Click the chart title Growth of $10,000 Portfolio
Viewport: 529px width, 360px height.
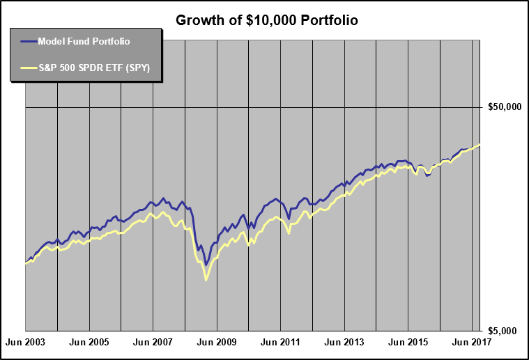point(267,20)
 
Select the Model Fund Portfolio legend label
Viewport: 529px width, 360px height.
point(84,41)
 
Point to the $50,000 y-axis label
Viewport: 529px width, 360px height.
point(505,107)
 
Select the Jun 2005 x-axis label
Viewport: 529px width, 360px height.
point(89,343)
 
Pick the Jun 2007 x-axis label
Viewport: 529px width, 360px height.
point(153,343)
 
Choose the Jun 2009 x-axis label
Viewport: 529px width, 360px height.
point(217,343)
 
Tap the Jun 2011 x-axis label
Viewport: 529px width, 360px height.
point(280,343)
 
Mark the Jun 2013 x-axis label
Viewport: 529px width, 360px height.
point(344,343)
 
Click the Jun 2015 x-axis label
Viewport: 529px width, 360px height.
point(408,343)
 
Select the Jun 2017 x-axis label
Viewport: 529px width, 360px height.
point(472,343)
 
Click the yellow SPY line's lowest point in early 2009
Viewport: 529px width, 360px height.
point(206,280)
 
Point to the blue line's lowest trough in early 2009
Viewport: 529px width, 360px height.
point(206,265)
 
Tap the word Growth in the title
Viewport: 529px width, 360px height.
point(197,20)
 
